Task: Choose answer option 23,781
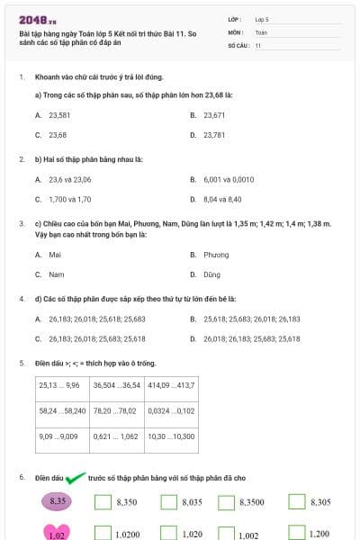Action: (x=213, y=135)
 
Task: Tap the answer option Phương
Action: (x=216, y=255)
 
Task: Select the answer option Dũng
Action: (x=211, y=274)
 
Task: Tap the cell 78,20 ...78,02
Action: (x=116, y=410)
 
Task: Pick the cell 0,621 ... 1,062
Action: (x=116, y=436)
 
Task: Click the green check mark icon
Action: (x=75, y=478)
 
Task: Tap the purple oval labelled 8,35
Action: (x=58, y=500)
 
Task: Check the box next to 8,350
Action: (x=102, y=502)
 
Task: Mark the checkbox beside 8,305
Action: (x=297, y=502)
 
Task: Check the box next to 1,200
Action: (x=297, y=534)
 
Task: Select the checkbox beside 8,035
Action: (x=168, y=502)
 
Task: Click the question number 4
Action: (x=22, y=297)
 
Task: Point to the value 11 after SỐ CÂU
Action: (x=258, y=44)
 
